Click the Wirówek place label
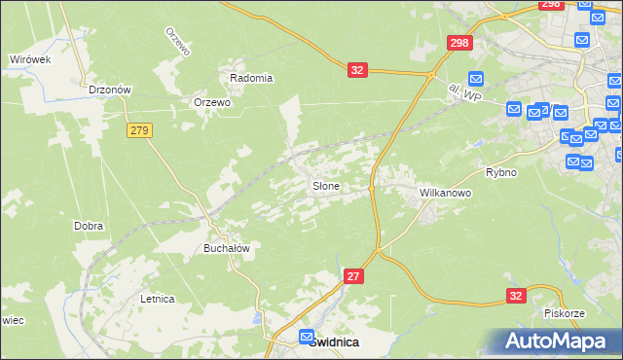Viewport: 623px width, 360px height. (x=29, y=59)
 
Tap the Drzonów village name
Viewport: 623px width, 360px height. (x=109, y=89)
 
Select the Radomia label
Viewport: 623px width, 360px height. (x=251, y=78)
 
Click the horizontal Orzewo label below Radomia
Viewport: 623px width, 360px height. (x=211, y=102)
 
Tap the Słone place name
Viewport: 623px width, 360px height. (x=325, y=186)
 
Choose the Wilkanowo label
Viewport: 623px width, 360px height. (x=445, y=193)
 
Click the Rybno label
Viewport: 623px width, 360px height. (x=500, y=172)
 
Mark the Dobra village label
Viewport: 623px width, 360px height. (x=89, y=226)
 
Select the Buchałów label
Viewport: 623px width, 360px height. (x=227, y=248)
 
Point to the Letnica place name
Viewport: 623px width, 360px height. (x=157, y=299)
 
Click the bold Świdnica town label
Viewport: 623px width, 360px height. (x=333, y=342)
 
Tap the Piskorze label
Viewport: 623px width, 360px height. (x=564, y=313)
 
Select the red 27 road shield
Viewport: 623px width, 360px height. (x=354, y=277)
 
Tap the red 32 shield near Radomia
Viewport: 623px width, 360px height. (x=358, y=70)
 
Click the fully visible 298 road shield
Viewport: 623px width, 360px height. (x=459, y=44)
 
